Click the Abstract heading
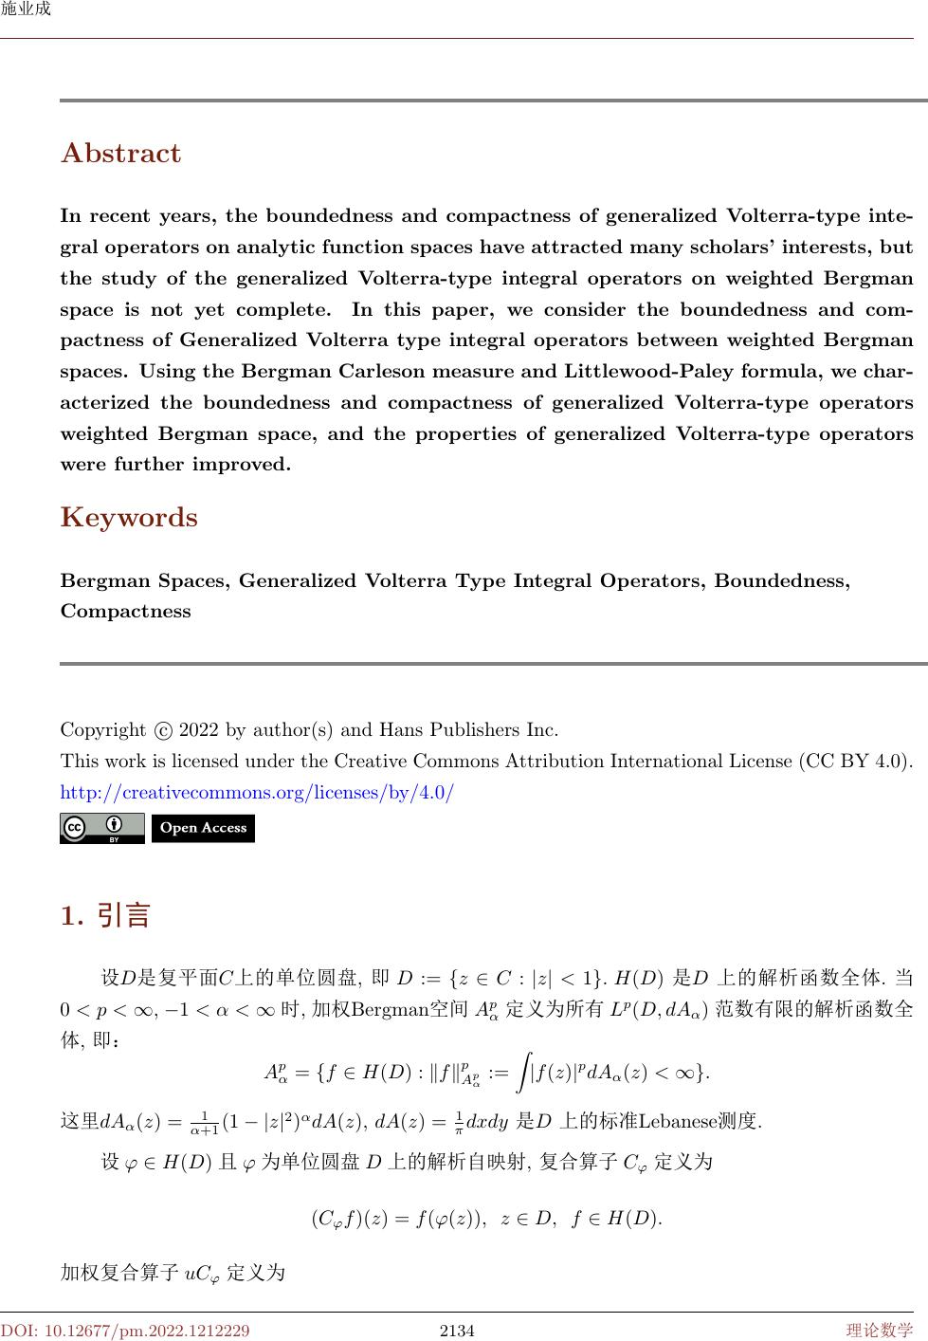[x=120, y=154]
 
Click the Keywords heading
[x=129, y=518]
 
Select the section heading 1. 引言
[x=105, y=916]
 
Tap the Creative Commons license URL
[x=257, y=791]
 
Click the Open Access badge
[x=203, y=828]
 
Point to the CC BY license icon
[x=101, y=828]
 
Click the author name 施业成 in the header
[x=26, y=9]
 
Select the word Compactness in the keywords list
[x=126, y=612]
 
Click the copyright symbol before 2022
[x=163, y=731]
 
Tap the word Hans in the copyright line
[x=400, y=730]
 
